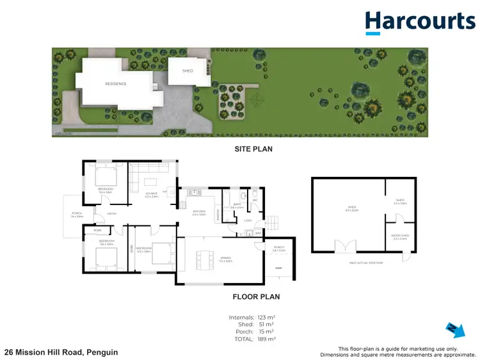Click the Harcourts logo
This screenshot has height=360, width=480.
[420, 22]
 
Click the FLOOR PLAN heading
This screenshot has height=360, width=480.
[255, 297]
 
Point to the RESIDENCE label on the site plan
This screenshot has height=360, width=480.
[116, 83]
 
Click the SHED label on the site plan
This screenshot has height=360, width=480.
[188, 71]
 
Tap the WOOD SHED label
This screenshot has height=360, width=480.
[401, 236]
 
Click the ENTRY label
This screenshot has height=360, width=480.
[111, 213]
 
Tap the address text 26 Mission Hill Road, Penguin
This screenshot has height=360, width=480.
[61, 352]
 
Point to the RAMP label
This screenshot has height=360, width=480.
[278, 268]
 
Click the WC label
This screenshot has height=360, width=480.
[254, 200]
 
